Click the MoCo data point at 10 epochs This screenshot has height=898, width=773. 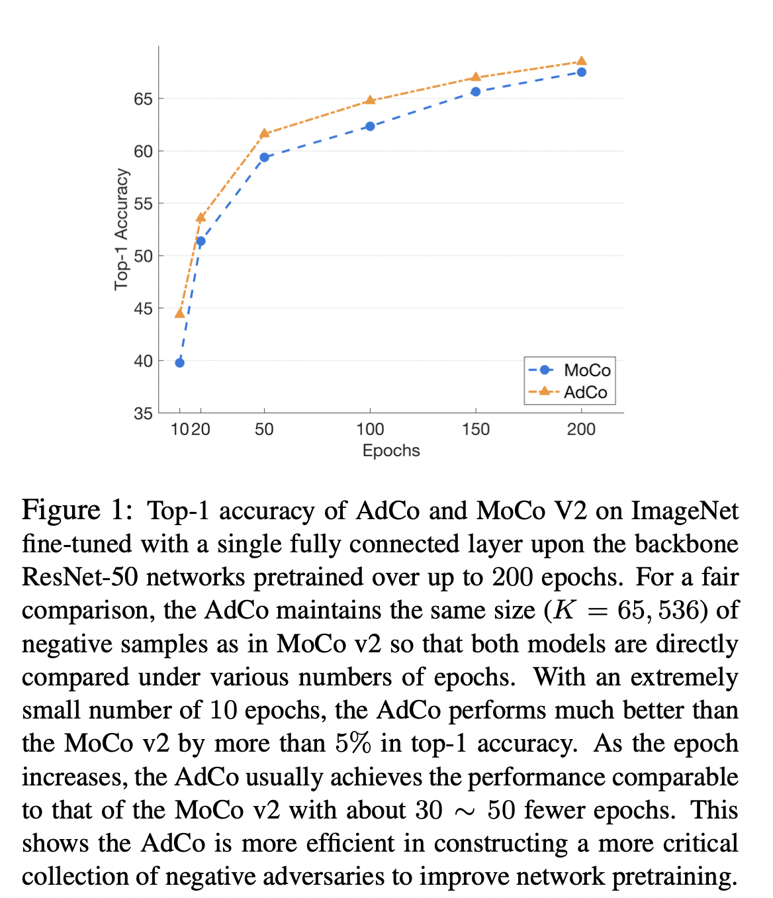179,362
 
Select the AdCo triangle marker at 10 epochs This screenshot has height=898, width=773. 179,313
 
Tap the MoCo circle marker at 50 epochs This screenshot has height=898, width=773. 264,157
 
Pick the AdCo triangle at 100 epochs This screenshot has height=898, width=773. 370,100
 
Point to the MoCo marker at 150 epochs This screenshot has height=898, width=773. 475,91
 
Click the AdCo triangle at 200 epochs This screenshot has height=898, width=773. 581,61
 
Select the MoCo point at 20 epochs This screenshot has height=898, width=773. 201,241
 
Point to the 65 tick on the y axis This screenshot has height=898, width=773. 143,99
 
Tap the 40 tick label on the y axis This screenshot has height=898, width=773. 143,362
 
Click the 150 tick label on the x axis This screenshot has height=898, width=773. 475,430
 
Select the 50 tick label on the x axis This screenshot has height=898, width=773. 264,430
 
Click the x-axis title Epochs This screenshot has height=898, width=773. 391,451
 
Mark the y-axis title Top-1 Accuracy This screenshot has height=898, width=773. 121,229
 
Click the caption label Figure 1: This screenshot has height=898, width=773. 77,511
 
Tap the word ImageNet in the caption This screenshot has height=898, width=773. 684,511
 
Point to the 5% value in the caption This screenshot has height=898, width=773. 353,743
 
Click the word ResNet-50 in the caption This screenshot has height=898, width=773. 79,577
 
